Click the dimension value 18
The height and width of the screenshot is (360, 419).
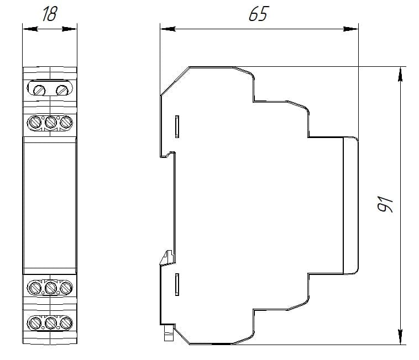pos(50,14)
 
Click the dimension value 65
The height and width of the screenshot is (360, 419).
pos(259,14)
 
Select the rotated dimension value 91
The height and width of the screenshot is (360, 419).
pos(385,204)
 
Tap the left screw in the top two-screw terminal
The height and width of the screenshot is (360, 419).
pos(39,90)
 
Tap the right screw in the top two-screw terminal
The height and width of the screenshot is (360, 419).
pos(62,90)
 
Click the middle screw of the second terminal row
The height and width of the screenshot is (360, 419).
pos(50,122)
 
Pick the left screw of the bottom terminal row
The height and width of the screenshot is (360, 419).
pos(35,323)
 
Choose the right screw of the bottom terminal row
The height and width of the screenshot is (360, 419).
pos(66,323)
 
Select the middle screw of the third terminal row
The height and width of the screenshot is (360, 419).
pos(50,288)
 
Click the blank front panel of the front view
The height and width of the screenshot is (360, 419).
pos(50,205)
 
